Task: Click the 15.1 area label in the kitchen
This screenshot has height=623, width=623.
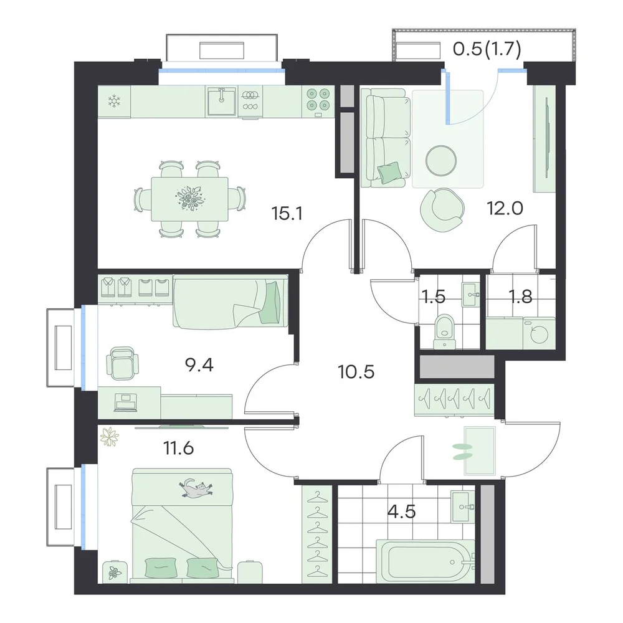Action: (x=287, y=214)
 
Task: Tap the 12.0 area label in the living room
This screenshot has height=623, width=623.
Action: (x=505, y=208)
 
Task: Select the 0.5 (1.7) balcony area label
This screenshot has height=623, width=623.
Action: (x=487, y=50)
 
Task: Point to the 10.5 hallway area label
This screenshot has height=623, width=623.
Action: (x=356, y=372)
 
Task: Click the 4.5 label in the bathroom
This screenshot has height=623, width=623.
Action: (x=402, y=511)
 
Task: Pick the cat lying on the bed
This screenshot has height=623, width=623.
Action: (x=196, y=488)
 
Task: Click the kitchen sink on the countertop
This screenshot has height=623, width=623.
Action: (x=221, y=102)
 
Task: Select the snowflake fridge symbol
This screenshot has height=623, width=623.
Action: (x=115, y=101)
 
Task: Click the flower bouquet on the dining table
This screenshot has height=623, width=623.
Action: (x=190, y=197)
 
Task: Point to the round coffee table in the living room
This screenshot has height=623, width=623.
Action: (x=440, y=161)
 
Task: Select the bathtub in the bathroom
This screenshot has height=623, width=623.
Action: (x=426, y=561)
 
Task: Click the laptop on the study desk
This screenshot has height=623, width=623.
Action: (x=126, y=402)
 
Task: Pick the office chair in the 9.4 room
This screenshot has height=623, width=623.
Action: (x=122, y=363)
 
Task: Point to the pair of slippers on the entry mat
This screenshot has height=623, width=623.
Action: (x=463, y=451)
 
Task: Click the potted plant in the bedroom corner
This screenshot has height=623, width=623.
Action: (x=110, y=437)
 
